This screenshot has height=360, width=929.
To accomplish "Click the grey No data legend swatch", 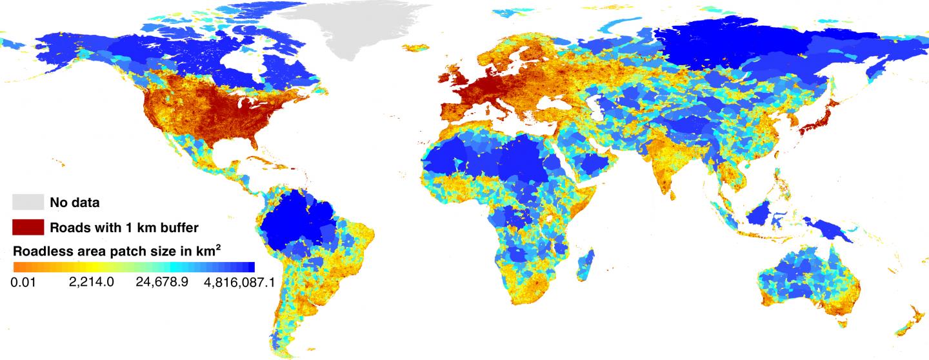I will click(28, 202).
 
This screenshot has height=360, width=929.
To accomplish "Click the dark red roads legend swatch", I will click(28, 227).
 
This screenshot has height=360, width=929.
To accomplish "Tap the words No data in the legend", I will click(75, 203).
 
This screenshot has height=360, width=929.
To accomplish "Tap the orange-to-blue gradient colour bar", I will click(134, 266).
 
